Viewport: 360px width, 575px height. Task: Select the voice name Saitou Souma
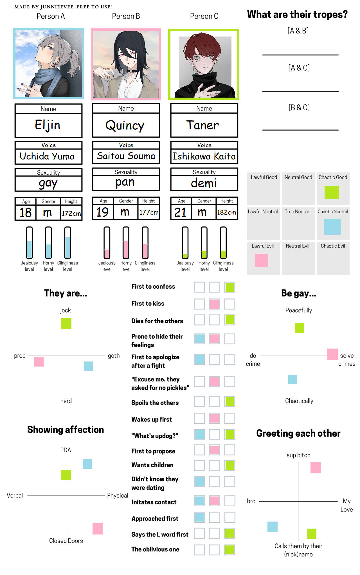(x=126, y=156)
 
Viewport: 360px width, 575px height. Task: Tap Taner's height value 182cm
(x=226, y=212)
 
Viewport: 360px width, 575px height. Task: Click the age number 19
(x=102, y=212)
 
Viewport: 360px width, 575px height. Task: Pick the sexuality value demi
(x=204, y=183)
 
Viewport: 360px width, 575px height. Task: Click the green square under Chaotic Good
(x=332, y=192)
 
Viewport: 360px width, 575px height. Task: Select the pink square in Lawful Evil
(x=262, y=260)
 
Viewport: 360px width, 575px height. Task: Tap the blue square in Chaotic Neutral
(x=332, y=227)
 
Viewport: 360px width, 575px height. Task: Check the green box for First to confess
(x=230, y=287)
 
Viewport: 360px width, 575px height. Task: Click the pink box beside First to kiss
(x=214, y=304)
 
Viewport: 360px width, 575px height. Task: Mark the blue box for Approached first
(x=199, y=517)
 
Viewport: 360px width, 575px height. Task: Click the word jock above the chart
(x=65, y=310)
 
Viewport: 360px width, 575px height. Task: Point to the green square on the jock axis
(x=66, y=324)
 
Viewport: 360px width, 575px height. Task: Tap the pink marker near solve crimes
(x=332, y=354)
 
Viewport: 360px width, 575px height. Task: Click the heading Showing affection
(x=66, y=430)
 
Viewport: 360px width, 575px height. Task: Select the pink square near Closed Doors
(x=98, y=529)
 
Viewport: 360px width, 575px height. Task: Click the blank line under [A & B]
(x=300, y=55)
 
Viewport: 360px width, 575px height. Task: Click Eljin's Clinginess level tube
(x=67, y=242)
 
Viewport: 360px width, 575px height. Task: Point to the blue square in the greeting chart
(x=272, y=527)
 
